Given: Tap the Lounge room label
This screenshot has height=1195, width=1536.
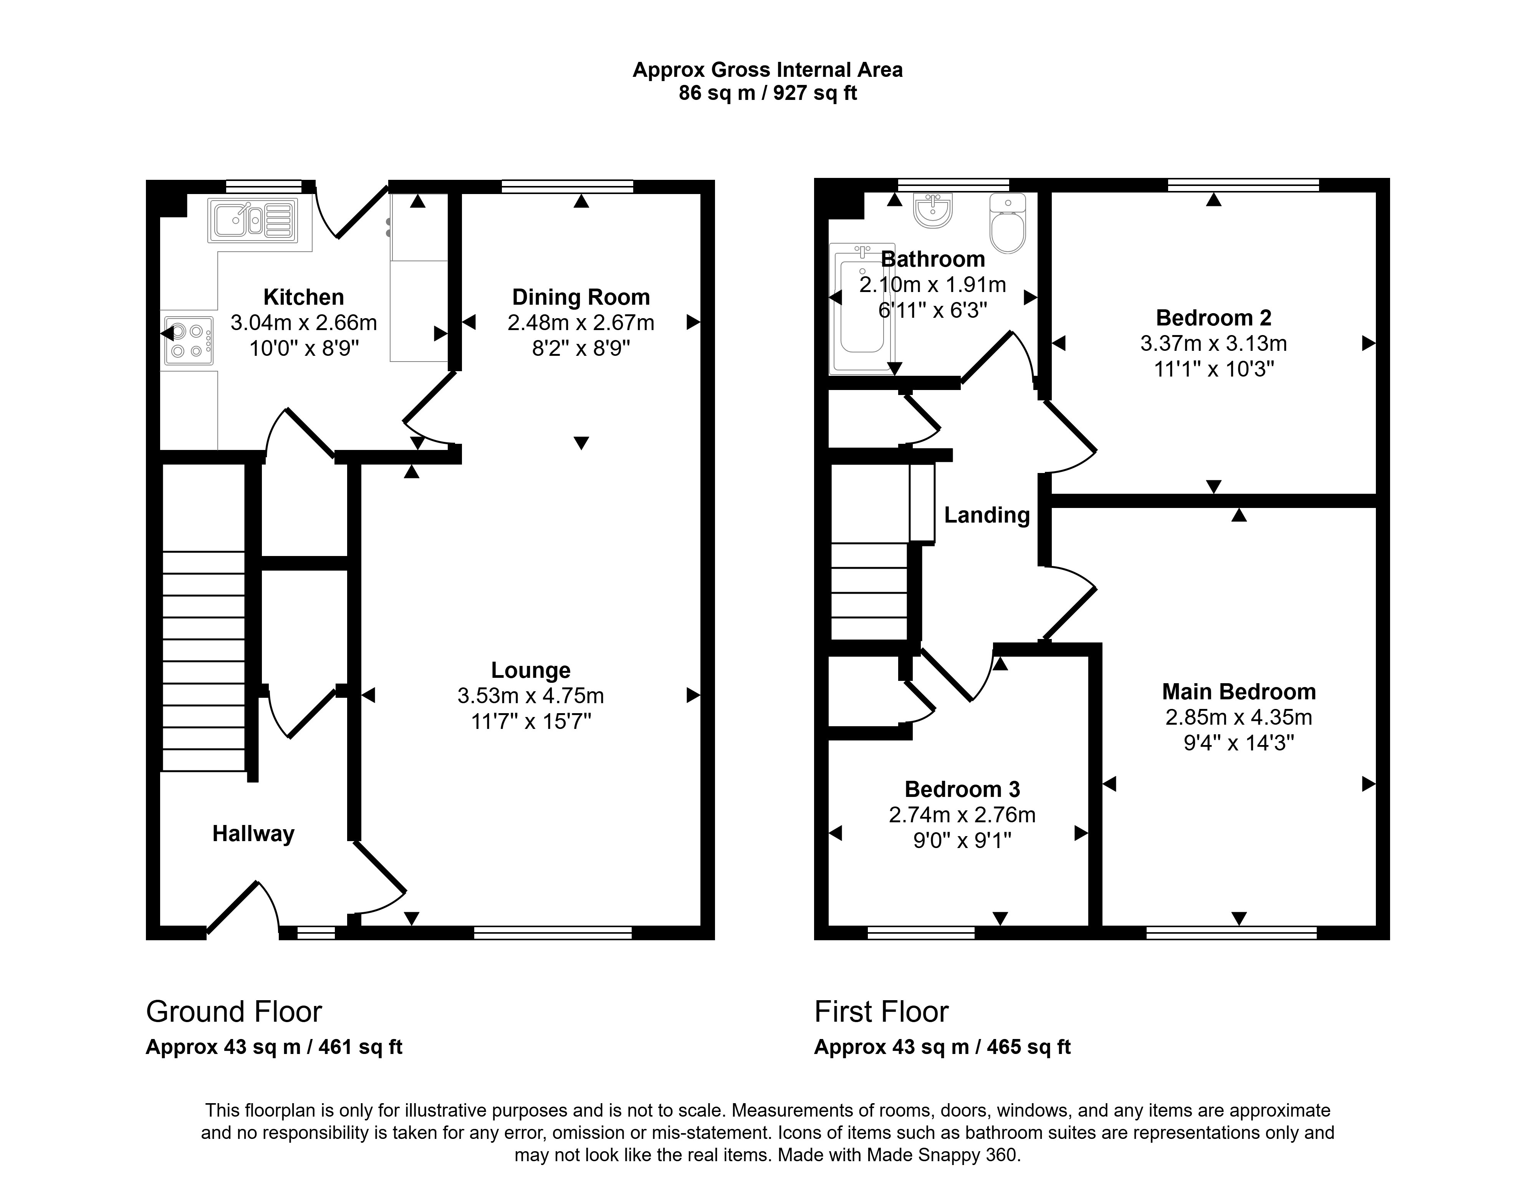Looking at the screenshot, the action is click(530, 670).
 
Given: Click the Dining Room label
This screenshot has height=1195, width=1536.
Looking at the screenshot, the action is click(581, 297).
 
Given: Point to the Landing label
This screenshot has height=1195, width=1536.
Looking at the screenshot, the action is click(987, 515).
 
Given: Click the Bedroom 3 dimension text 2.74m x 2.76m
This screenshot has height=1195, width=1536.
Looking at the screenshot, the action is click(962, 815).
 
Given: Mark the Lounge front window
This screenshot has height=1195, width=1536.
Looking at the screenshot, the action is click(553, 933).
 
